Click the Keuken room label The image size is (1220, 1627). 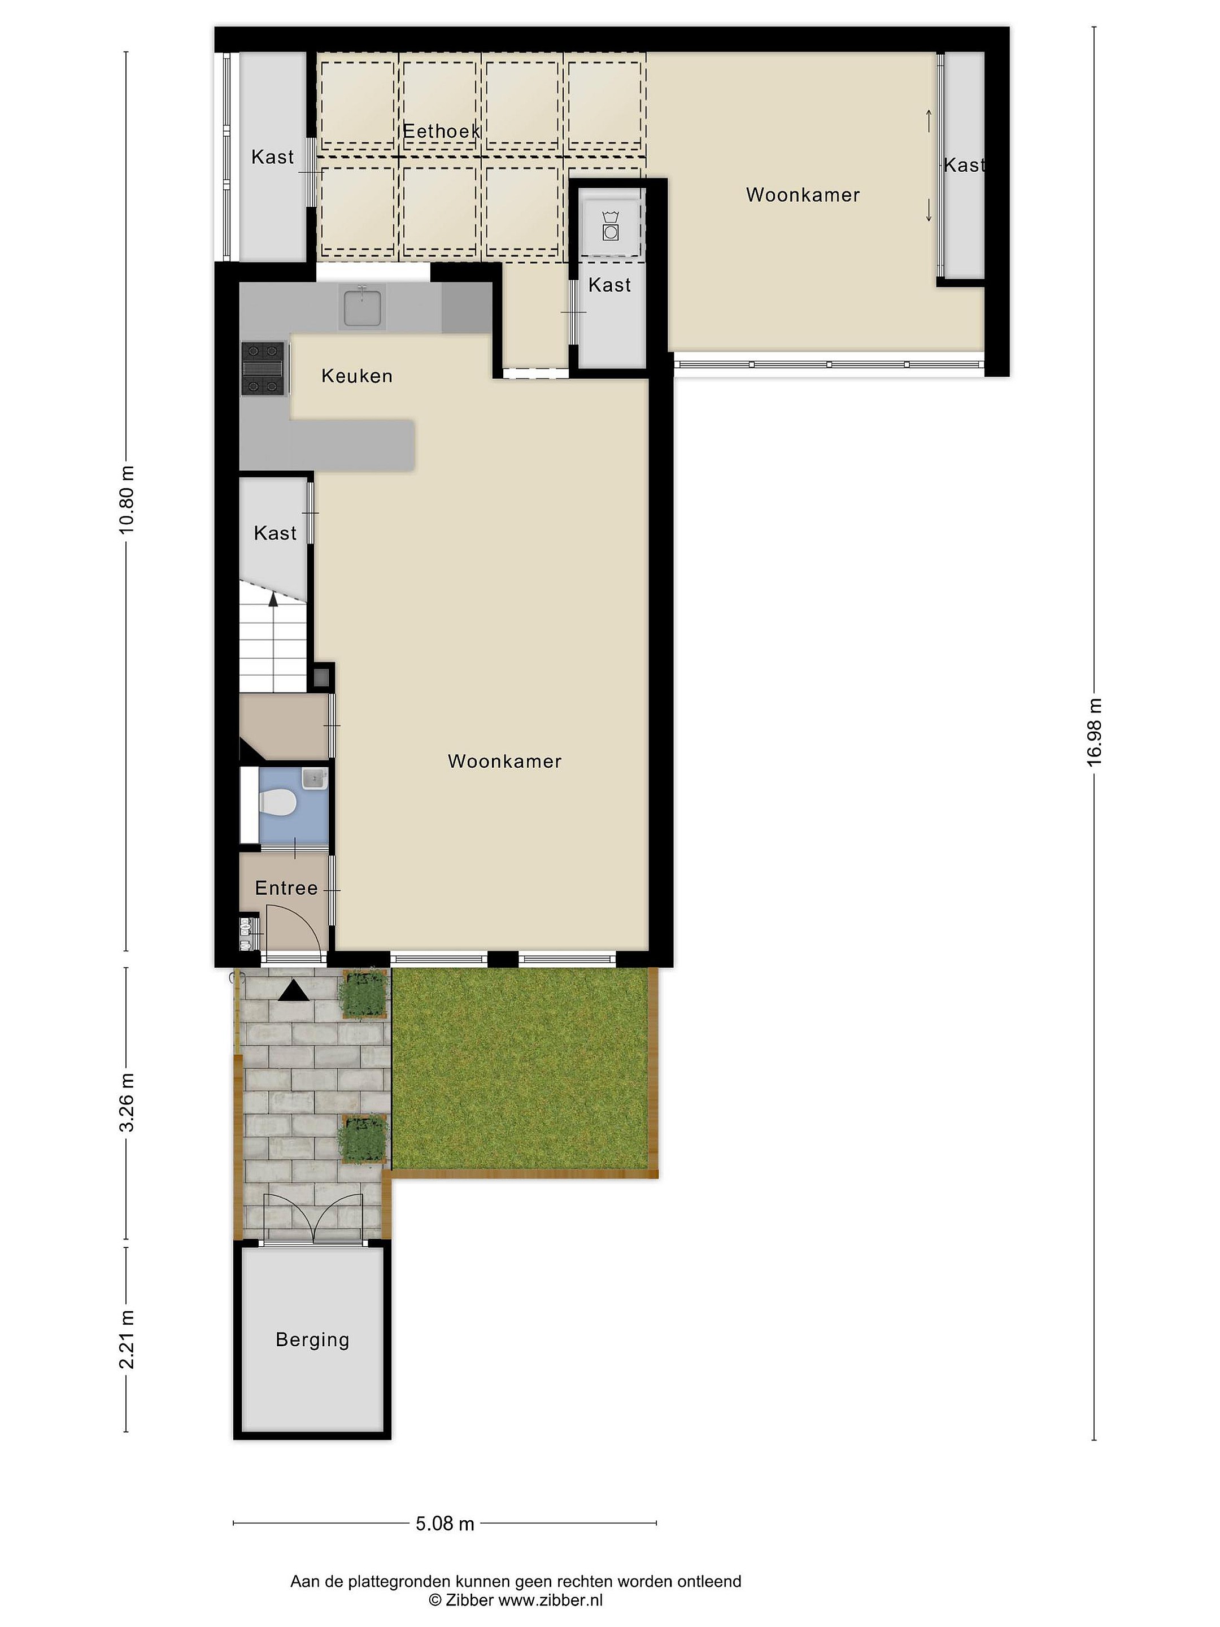point(356,377)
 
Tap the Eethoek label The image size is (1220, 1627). point(441,131)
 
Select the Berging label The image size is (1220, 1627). point(312,1339)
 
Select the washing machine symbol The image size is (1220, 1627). point(609,224)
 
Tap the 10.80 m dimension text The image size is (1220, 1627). point(127,500)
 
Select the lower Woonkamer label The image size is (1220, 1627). point(504,762)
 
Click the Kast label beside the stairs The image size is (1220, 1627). point(275,533)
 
